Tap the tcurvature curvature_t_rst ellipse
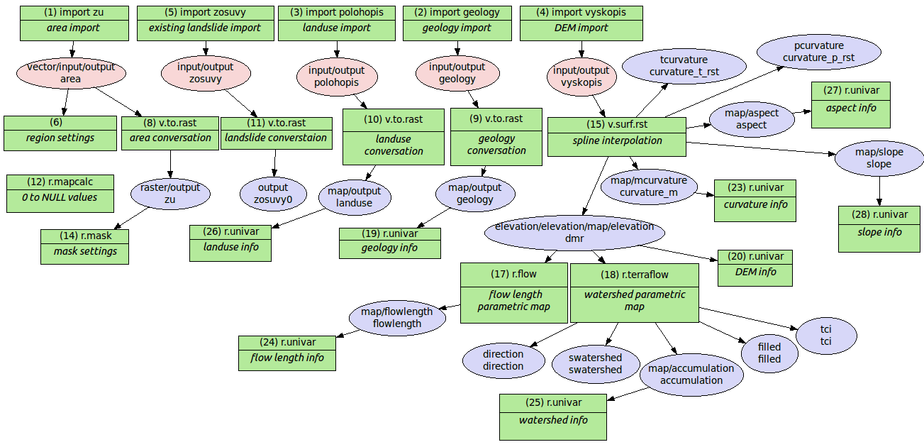tap(684, 66)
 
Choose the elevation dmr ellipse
tap(574, 233)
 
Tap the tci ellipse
tap(826, 335)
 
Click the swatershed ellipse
tap(595, 363)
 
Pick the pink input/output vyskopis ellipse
tap(581, 77)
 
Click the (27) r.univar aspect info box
tap(850, 104)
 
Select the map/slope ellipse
tap(879, 158)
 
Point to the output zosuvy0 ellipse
tap(273, 194)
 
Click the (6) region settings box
tap(60, 133)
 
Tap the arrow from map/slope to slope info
tap(880, 191)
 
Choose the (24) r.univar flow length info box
tap(286, 353)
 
